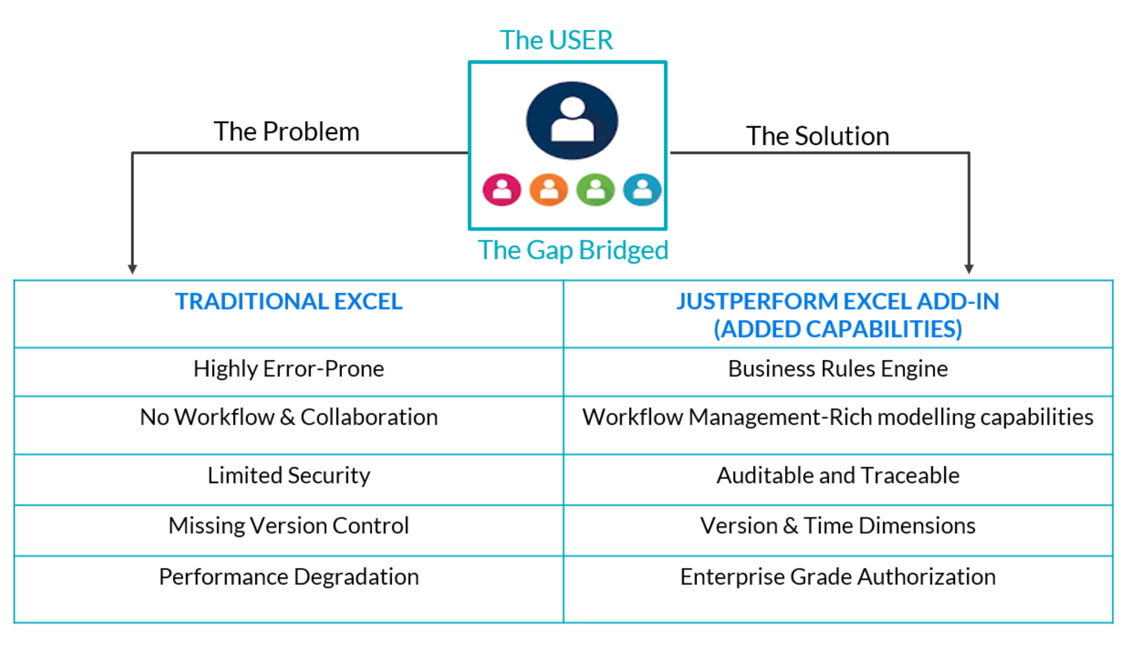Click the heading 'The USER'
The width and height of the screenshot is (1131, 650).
[x=556, y=40]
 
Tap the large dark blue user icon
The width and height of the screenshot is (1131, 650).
[x=572, y=120]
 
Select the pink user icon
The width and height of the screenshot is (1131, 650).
[x=502, y=189]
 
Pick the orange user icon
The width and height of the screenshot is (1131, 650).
[x=548, y=189]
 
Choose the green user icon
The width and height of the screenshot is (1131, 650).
[x=595, y=189]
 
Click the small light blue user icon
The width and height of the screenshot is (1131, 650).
[x=642, y=189]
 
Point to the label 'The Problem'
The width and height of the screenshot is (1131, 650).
[x=286, y=132]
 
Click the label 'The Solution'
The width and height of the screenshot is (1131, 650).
[x=817, y=136]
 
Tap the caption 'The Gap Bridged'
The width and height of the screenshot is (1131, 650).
[x=572, y=250]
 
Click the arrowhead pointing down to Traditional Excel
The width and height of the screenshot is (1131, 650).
[x=132, y=269]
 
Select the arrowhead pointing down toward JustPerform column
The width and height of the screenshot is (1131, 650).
[x=969, y=269]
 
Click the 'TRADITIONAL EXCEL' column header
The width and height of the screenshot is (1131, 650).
[x=288, y=302]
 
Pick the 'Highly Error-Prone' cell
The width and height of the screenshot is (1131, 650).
[x=288, y=369]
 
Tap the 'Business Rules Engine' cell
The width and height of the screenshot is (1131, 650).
[x=837, y=369]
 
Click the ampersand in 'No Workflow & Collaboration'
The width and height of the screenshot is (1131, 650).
[x=287, y=417]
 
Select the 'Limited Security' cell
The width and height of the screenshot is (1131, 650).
[x=288, y=476]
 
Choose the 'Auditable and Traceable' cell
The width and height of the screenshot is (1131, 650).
[x=837, y=476]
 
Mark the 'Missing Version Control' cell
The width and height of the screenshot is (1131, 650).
[x=288, y=526]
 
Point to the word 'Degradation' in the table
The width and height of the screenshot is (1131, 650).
[x=356, y=577]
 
